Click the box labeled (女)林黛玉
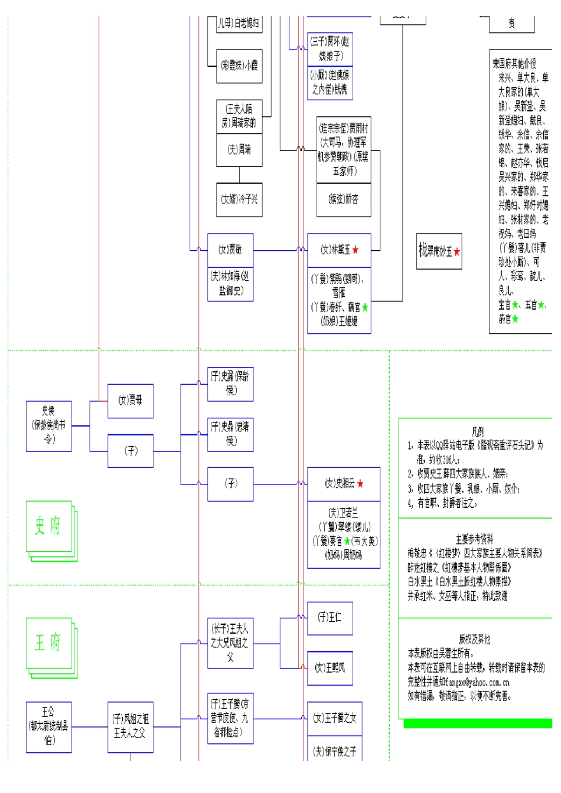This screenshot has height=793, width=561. [x=338, y=250]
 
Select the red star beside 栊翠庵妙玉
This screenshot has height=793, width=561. [x=457, y=252]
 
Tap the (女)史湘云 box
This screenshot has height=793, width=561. [x=343, y=484]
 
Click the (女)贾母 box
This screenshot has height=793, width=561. [x=130, y=401]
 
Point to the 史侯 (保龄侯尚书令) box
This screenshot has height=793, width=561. [x=48, y=425]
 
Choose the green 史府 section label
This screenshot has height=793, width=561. [x=48, y=525]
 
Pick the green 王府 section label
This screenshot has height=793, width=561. [x=48, y=643]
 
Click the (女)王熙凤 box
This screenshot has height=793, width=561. [x=330, y=668]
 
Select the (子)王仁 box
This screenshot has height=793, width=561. [x=330, y=618]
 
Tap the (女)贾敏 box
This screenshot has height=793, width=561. [x=230, y=250]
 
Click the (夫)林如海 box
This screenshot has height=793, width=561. [x=230, y=284]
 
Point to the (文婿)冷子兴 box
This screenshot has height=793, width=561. [x=239, y=199]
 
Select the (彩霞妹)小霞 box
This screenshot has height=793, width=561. [x=239, y=65]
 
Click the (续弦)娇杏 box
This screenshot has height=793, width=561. [x=344, y=199]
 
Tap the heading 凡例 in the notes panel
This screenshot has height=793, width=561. [x=477, y=432]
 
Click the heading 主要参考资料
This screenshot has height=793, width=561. [x=474, y=539]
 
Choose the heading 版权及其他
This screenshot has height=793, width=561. [x=474, y=639]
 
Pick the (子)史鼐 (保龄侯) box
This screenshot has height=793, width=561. [x=230, y=384]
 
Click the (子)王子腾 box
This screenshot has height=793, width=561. [x=230, y=718]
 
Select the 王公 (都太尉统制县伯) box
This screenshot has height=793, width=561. [x=48, y=726]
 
